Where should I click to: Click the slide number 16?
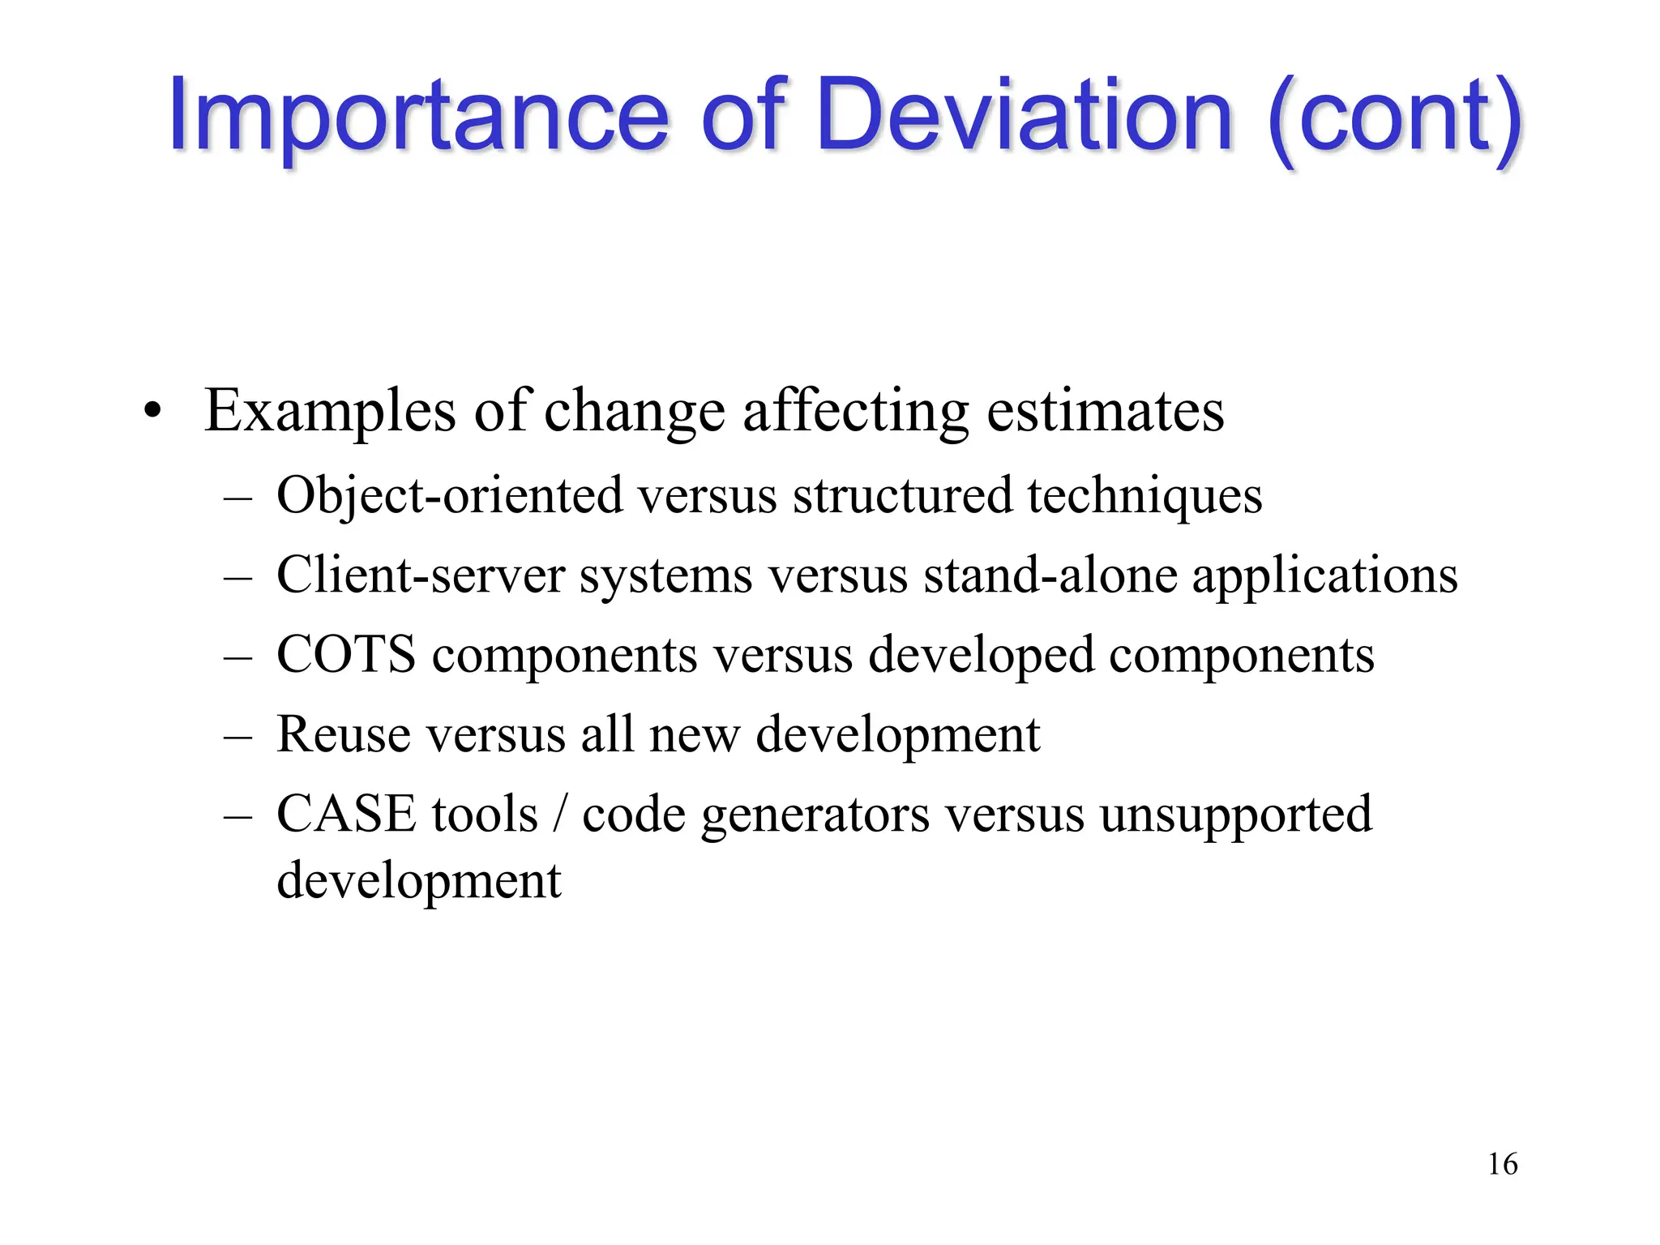click(x=1502, y=1164)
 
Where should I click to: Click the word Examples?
click(x=330, y=412)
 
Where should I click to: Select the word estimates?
click(x=1105, y=410)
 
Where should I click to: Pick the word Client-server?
click(x=420, y=575)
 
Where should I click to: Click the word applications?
click(x=1324, y=575)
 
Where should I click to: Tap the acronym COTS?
click(x=346, y=654)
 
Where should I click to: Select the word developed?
click(x=981, y=656)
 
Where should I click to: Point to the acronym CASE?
click(x=346, y=814)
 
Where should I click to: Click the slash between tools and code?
click(x=559, y=815)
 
